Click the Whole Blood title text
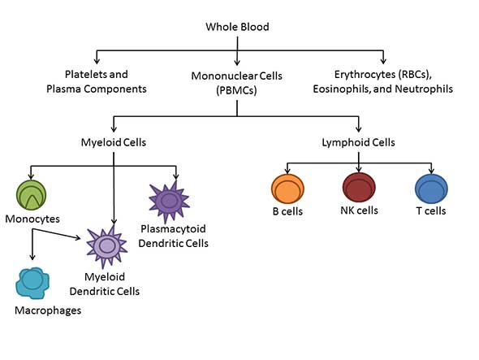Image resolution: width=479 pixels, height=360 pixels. coord(237,27)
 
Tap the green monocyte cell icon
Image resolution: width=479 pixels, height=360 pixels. coord(31,195)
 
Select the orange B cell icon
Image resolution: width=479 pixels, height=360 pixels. coord(287,189)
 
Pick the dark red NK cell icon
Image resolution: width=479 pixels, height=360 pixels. coord(359,187)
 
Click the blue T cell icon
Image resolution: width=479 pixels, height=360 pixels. coord(431,189)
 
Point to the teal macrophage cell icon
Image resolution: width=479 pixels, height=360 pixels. coord(32,284)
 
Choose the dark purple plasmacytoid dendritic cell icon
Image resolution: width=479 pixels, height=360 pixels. coord(169,202)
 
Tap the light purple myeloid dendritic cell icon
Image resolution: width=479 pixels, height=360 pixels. coord(106,246)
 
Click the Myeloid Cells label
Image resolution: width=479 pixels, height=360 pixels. coord(114,142)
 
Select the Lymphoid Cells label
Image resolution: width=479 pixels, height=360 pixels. coord(358,142)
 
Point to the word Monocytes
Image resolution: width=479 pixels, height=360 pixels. coord(32,219)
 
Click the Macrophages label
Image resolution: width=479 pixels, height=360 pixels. coord(48,310)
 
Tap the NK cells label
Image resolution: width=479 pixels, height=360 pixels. coord(359,210)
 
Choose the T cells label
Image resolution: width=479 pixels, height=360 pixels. coord(431,210)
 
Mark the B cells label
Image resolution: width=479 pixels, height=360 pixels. coord(287,211)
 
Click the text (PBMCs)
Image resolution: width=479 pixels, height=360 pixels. coord(237,90)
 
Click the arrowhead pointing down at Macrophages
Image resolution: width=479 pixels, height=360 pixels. coord(32,258)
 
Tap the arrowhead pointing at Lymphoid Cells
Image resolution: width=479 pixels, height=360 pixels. coord(359,128)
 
